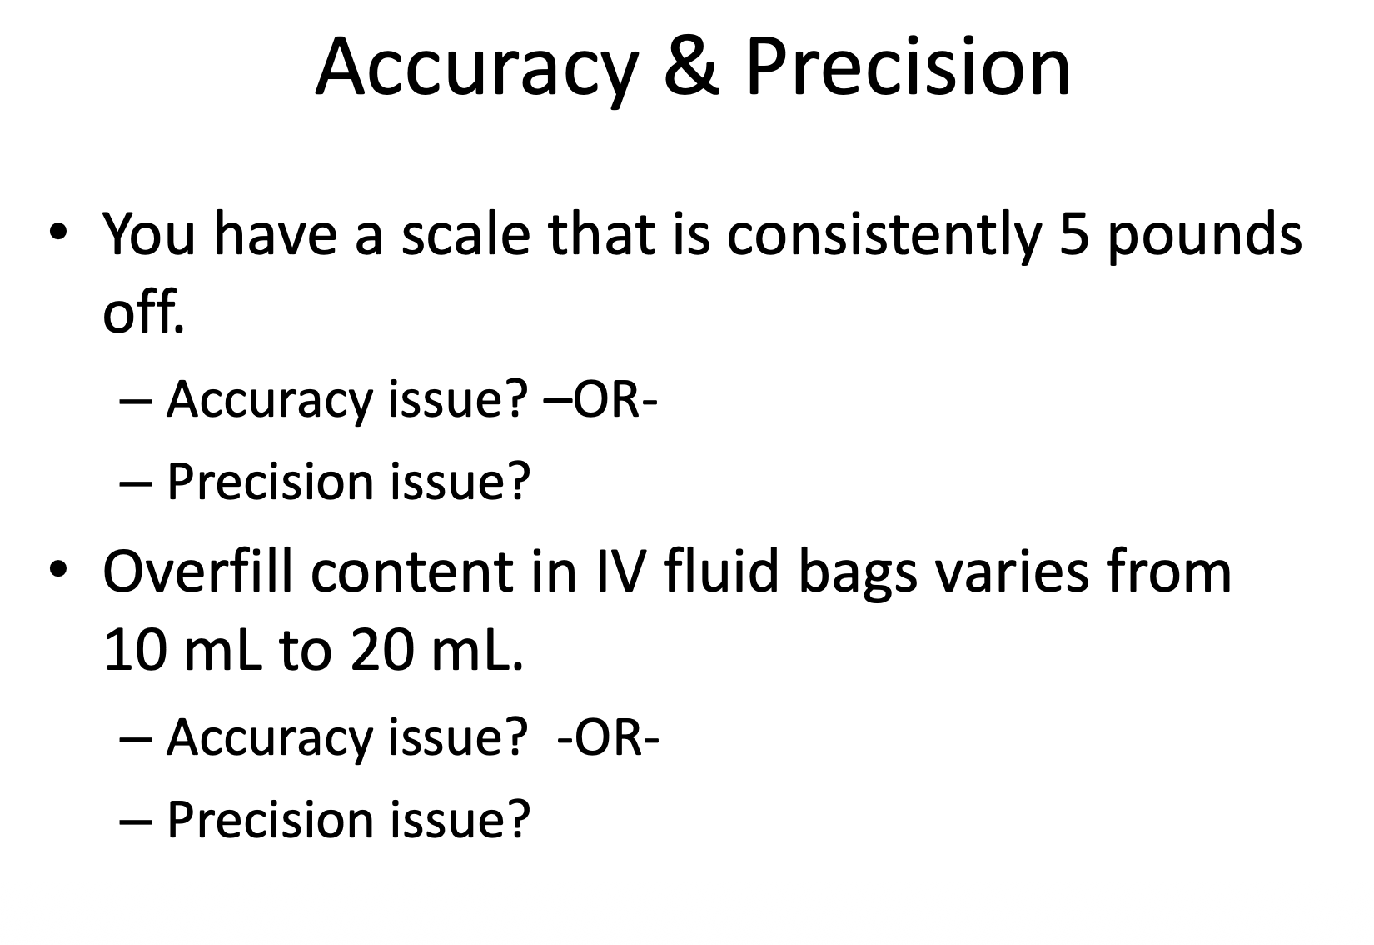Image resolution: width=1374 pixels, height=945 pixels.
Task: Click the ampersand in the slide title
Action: (x=691, y=67)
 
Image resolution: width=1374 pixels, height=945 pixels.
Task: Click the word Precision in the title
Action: (x=909, y=67)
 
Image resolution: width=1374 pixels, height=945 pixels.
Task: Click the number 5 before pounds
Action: (x=1075, y=234)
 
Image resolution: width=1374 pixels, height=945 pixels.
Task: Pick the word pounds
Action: (x=1205, y=238)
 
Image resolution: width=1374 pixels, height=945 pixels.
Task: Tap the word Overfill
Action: (x=199, y=571)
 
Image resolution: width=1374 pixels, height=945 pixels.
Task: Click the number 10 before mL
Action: (x=135, y=651)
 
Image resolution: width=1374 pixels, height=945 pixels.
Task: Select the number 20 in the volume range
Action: (x=381, y=651)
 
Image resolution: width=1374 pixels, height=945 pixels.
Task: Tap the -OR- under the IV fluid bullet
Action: (x=607, y=737)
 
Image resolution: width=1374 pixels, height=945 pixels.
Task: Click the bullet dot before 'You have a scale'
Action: (x=58, y=232)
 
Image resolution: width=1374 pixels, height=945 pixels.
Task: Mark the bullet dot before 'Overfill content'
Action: (x=58, y=571)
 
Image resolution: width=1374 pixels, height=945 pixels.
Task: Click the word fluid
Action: (x=721, y=571)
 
